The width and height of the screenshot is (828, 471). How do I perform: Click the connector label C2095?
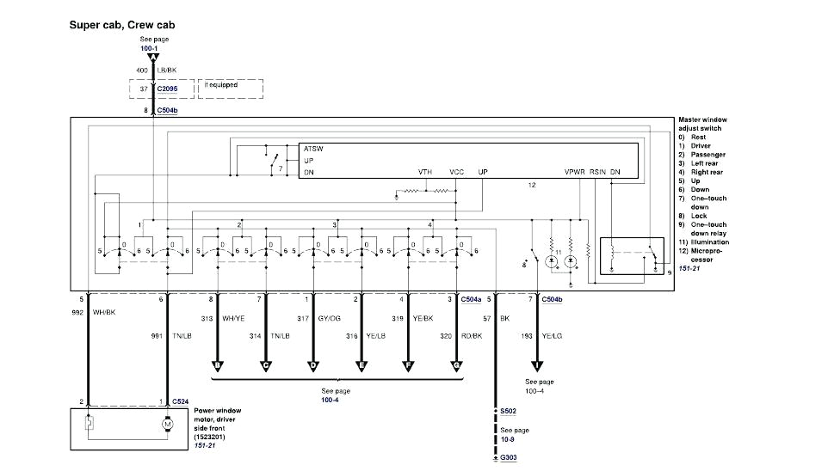pyautogui.click(x=170, y=88)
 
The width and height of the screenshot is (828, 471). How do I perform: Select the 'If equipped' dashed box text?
pyautogui.click(x=221, y=86)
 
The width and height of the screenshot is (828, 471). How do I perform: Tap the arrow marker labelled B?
pyautogui.click(x=217, y=367)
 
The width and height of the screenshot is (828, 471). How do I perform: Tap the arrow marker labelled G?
pyautogui.click(x=456, y=367)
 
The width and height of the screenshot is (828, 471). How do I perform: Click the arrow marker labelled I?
pyautogui.click(x=540, y=367)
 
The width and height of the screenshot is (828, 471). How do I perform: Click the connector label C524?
pyautogui.click(x=180, y=401)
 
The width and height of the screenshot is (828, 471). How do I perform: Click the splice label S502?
pyautogui.click(x=509, y=412)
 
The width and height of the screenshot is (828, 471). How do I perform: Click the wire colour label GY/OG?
pyautogui.click(x=329, y=318)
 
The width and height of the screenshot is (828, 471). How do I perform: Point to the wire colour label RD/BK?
pyautogui.click(x=472, y=336)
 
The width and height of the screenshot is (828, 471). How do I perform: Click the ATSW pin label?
pyautogui.click(x=312, y=148)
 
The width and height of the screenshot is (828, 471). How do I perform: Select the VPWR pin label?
pyautogui.click(x=574, y=172)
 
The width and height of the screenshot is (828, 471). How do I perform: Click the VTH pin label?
pyautogui.click(x=425, y=172)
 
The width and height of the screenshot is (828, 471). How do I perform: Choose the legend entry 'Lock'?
pyautogui.click(x=699, y=216)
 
